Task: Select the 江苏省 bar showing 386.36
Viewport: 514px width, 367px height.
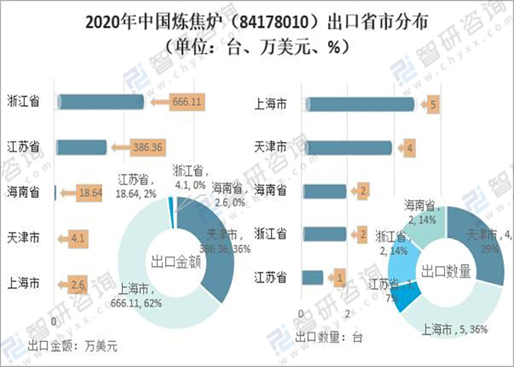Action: coord(82,147)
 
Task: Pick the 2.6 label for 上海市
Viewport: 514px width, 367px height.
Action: coord(79,283)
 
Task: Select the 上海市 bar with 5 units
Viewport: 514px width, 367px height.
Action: coord(359,105)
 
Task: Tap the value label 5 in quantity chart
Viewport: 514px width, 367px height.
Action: coord(433,105)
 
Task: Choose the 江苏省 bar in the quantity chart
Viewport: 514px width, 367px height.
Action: coord(313,277)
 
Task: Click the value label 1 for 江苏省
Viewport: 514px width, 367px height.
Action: coord(339,277)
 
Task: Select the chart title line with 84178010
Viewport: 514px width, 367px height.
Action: coord(257,21)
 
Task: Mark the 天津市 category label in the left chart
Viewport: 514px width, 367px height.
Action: coord(23,238)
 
